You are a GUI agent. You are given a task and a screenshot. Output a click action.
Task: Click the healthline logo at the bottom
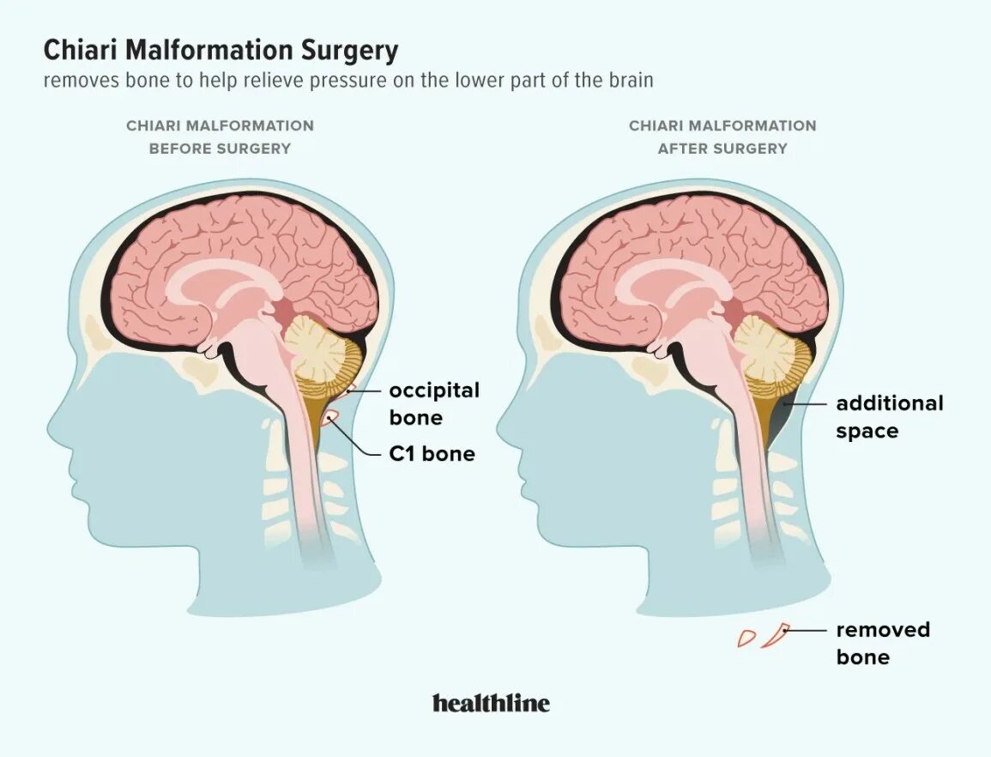coord(491,704)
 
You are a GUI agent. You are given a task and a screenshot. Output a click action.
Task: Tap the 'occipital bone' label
coord(434,404)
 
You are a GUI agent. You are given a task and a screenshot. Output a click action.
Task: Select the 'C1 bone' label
coord(432,453)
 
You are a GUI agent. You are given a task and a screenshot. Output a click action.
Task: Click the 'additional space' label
coord(889,416)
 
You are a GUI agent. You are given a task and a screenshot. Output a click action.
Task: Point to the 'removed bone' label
coord(883,643)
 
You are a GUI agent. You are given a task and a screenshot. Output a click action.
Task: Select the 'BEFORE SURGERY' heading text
coord(220,148)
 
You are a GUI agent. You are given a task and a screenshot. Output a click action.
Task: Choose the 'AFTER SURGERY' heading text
coord(722,148)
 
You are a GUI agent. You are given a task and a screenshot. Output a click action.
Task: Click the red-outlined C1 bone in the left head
coord(330,418)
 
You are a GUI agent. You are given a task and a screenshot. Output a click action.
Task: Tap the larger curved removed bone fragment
coord(776,636)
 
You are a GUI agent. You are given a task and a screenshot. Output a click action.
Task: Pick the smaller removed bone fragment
coord(746,638)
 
